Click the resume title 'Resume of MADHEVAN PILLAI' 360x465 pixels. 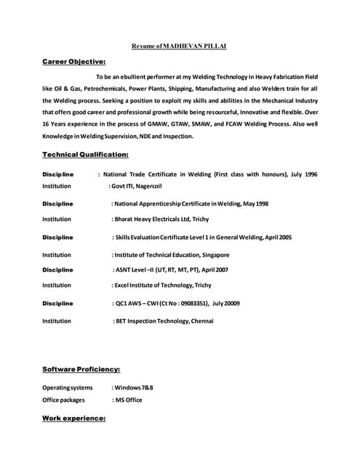tap(179, 46)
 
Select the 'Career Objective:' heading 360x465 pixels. tap(73, 62)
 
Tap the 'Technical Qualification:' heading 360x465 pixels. tap(85, 155)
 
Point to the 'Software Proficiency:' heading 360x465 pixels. tap(81, 369)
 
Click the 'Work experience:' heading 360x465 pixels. tap(73, 419)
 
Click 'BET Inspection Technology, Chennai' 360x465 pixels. tap(164, 320)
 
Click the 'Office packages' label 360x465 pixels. tap(63, 400)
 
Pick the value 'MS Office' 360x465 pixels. tap(128, 400)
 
